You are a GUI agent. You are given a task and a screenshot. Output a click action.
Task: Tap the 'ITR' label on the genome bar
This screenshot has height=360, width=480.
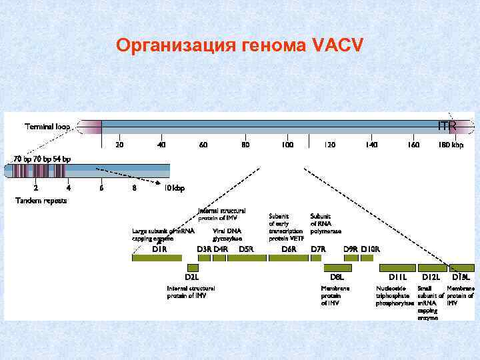[447, 125]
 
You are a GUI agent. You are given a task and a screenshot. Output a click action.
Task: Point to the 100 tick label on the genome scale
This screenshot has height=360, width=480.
[287, 145]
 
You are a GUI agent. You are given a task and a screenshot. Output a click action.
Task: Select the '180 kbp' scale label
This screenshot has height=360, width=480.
[451, 145]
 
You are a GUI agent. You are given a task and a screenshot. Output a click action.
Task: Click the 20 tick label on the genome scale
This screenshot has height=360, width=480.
[119, 145]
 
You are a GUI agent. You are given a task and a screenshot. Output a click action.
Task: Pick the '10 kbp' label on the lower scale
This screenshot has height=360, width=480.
[175, 188]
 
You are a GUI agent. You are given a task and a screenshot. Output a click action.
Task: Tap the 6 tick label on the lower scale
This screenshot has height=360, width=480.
[101, 188]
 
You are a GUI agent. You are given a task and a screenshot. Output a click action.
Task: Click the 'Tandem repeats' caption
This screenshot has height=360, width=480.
[41, 201]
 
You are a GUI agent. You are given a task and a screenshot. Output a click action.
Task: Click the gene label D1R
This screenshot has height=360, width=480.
[159, 249]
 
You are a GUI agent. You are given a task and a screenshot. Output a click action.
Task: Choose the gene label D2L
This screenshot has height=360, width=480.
[192, 275]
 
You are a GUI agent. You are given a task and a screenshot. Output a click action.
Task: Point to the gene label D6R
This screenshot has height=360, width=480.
[289, 249]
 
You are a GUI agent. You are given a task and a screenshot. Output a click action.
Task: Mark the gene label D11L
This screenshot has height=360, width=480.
[399, 275]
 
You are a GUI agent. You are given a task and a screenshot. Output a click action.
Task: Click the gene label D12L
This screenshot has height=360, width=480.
[431, 275]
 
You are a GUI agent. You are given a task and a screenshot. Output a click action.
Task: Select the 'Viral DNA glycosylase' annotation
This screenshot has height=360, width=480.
[227, 234]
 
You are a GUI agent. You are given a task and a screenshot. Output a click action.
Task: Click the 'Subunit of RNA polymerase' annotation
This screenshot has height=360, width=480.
[325, 223]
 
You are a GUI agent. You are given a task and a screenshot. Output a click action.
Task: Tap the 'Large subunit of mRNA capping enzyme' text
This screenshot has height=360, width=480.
[163, 234]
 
